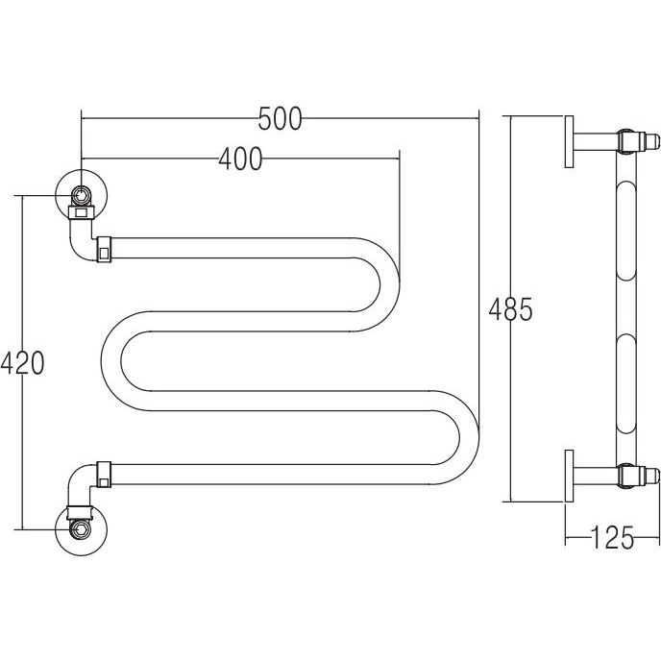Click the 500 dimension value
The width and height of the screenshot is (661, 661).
[x=280, y=118]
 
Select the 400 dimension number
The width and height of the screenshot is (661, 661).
[x=240, y=159]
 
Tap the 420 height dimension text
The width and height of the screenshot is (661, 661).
[x=22, y=363]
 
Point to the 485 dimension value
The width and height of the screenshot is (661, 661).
[x=510, y=309]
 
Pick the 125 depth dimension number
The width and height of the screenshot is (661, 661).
[x=613, y=537]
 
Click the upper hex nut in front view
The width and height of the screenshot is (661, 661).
[x=80, y=195]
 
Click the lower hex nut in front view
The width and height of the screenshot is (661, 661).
[x=80, y=528]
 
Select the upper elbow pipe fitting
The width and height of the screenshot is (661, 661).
[x=82, y=239]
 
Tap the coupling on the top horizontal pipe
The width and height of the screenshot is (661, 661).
[x=104, y=250]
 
